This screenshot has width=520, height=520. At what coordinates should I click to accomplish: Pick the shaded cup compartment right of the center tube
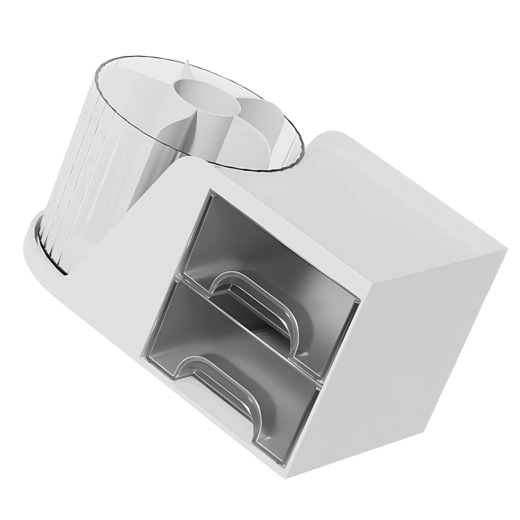[259, 125]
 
